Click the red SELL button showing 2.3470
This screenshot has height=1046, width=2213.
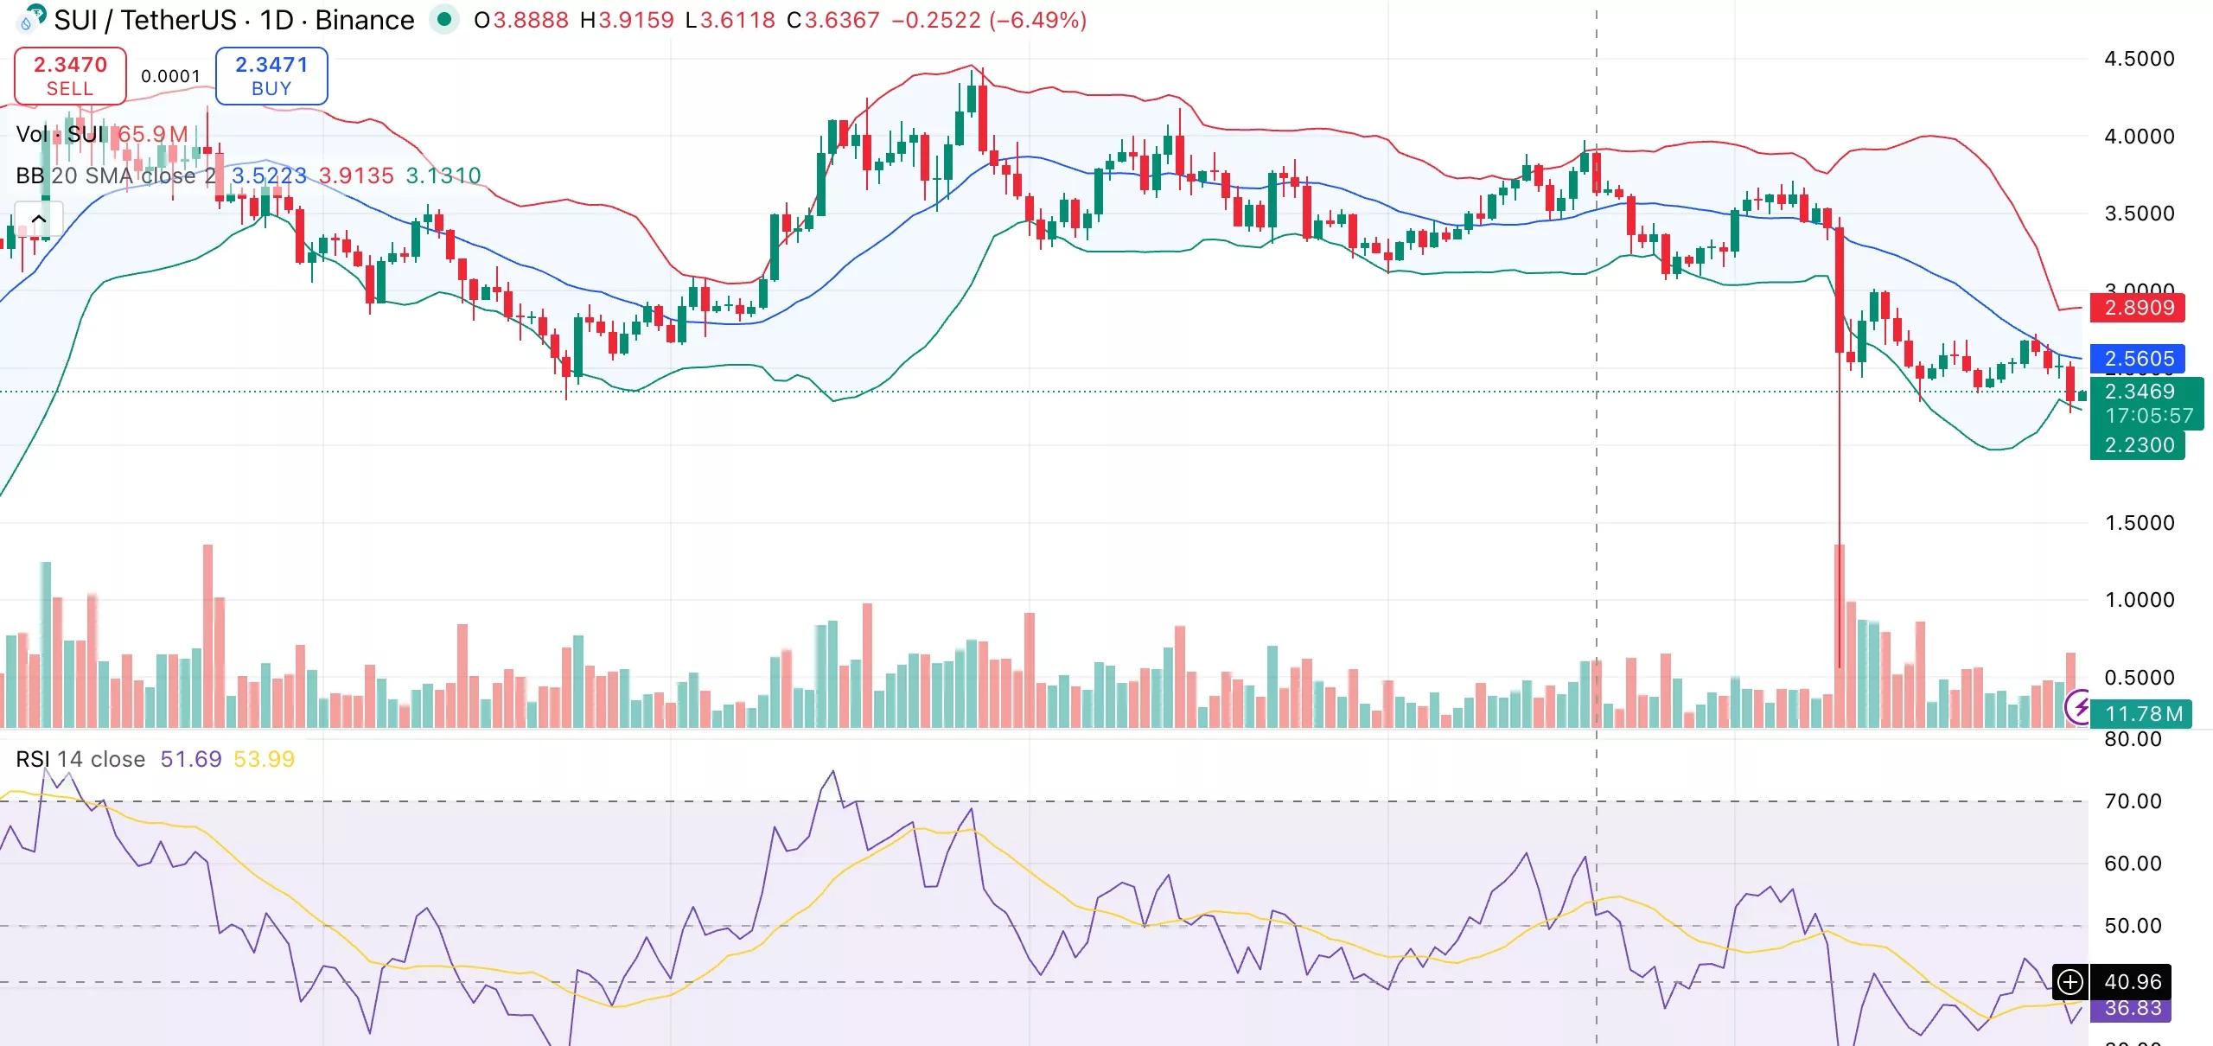pos(70,76)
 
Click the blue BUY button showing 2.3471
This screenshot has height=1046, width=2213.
pos(271,76)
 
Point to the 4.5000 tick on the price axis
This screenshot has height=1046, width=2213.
pos(2139,59)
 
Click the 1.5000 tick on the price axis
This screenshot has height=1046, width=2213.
pos(2139,523)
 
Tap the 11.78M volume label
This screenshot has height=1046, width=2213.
pos(2143,714)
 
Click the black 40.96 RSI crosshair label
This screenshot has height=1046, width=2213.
pos(2132,982)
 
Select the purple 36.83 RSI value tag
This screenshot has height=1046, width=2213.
pos(2132,1009)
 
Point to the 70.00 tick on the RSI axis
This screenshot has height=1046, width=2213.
pos(2133,801)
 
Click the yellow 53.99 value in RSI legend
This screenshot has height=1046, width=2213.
pos(264,759)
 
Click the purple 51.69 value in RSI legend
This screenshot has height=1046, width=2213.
pos(190,759)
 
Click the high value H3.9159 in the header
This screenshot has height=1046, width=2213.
pos(627,20)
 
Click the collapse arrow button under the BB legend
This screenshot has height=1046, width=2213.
pos(39,219)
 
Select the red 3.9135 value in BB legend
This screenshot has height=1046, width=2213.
pos(356,175)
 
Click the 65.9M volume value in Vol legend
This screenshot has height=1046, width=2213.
pos(153,134)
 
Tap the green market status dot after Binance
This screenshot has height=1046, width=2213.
pos(444,19)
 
